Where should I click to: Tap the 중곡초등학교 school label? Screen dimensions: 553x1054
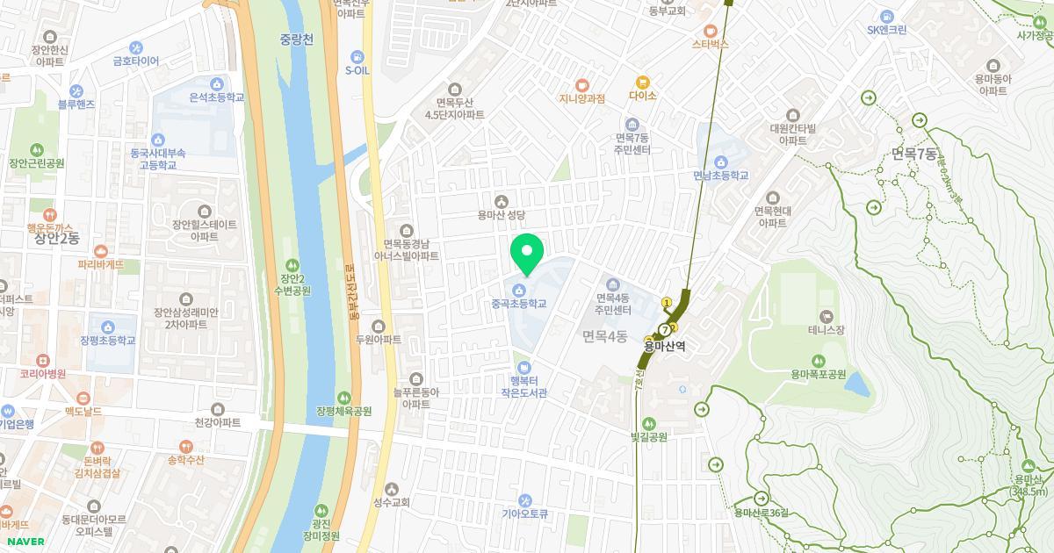[519, 304]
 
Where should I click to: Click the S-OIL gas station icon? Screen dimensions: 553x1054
[356, 55]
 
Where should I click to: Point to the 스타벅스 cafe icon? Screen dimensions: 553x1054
[711, 31]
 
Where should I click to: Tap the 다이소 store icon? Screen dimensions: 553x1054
[642, 82]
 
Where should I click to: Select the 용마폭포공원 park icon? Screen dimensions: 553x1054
[818, 360]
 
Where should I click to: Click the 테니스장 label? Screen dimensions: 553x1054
[826, 330]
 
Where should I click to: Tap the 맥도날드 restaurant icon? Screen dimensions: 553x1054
[83, 398]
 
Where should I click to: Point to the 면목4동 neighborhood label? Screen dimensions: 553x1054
[604, 335]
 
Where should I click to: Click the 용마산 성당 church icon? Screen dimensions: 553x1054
[501, 201]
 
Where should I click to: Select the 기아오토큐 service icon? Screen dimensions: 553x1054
[524, 500]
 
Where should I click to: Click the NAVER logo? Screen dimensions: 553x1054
[24, 542]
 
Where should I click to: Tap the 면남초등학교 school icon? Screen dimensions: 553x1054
[720, 162]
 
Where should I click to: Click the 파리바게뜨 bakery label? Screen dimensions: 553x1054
[101, 264]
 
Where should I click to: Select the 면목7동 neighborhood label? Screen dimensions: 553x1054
[913, 154]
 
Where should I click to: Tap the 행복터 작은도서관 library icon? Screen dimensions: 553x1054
[523, 367]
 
